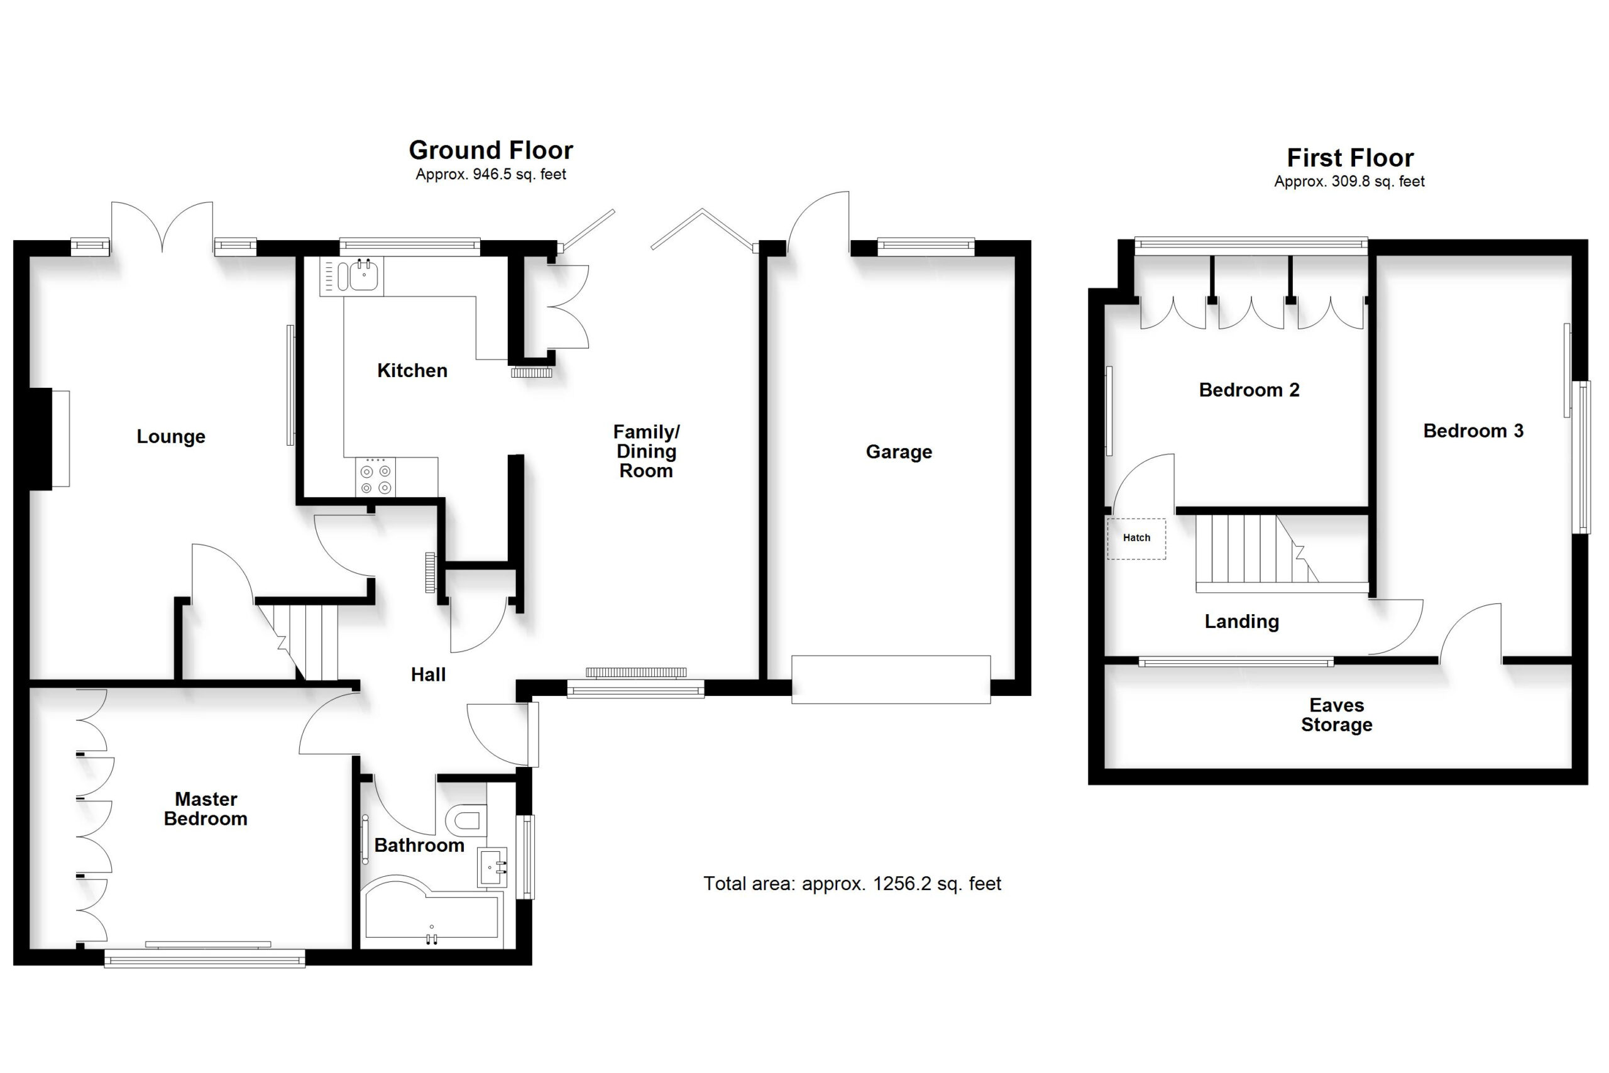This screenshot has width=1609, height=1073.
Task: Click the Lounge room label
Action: pos(171,437)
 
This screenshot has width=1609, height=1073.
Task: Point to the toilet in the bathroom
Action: pos(466,818)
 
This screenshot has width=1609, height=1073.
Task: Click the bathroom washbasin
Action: pos(493,867)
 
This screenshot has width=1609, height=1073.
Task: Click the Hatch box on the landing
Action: pos(1136,539)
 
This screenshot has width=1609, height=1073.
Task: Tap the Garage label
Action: pos(899,453)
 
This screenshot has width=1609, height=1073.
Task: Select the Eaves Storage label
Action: pos(1337,715)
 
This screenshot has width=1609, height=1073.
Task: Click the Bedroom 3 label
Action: pos(1473,431)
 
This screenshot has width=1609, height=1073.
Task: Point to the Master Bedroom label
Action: pos(206,809)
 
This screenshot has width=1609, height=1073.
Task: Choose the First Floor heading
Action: pos(1349,158)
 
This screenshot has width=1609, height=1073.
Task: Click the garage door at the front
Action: pos(891,680)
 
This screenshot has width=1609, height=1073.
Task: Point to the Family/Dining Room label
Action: pos(645,452)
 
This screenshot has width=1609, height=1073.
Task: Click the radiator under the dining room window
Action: pos(635,673)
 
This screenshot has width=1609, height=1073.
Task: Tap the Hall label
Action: pos(428,674)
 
